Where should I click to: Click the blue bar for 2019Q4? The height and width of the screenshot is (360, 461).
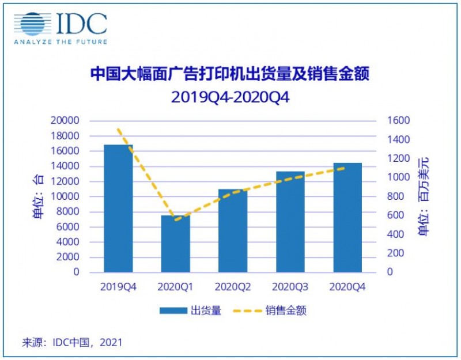tap(118, 208)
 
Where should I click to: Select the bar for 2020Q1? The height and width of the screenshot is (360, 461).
tap(175, 243)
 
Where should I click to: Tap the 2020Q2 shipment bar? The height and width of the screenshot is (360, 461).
tap(233, 230)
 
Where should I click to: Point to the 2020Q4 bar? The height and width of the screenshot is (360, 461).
tap(347, 217)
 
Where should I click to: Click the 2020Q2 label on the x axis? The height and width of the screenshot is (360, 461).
tap(233, 286)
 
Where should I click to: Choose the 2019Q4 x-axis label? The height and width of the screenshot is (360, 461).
tap(118, 286)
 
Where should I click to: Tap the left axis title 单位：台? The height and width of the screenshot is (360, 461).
tap(38, 196)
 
